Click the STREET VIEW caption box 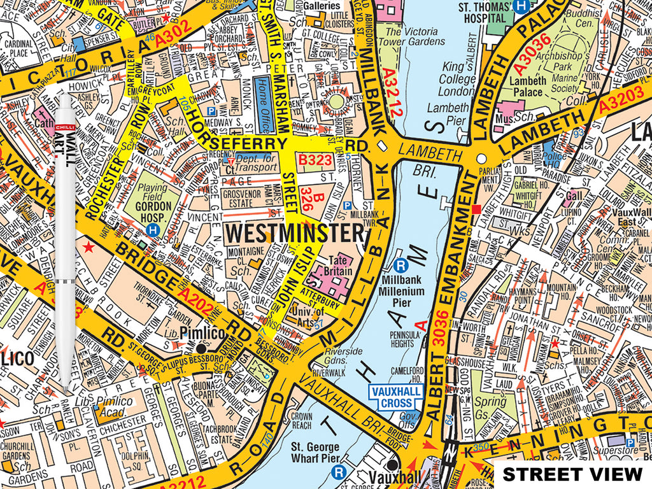coord(572,474)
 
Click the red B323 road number coord(316,160)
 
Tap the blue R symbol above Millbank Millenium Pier coord(400,266)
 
